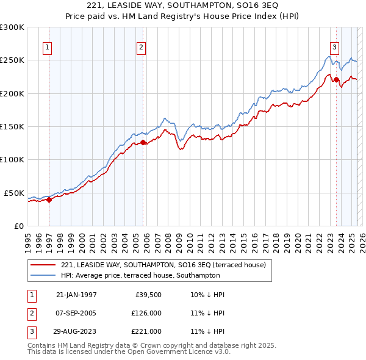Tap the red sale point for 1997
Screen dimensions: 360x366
(x=49, y=200)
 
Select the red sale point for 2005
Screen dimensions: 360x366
(x=143, y=143)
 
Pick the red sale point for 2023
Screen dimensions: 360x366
(x=336, y=80)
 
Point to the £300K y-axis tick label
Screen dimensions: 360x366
(x=12, y=27)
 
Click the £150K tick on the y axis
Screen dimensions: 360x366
(x=12, y=127)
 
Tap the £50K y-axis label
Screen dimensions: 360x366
(x=15, y=193)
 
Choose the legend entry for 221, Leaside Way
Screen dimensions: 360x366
(x=163, y=265)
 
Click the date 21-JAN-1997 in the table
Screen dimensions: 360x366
(x=76, y=295)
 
